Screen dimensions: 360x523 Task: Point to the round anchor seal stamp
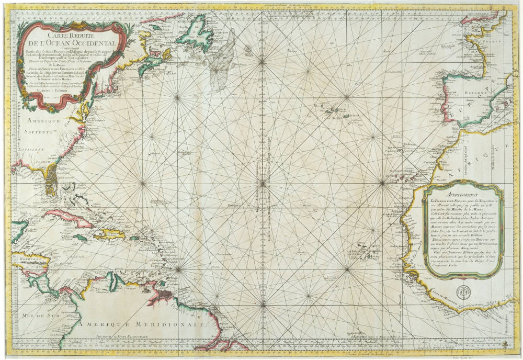[461, 293]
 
